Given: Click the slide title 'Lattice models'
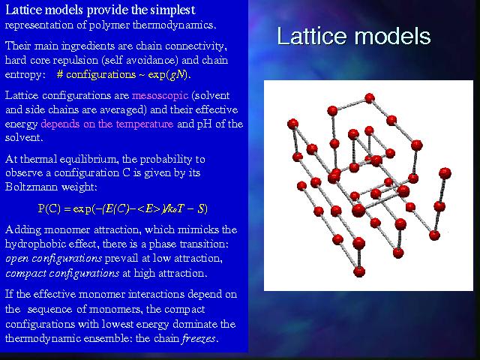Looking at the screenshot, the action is coord(353,36).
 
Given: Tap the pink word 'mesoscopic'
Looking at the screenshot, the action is coord(160,96).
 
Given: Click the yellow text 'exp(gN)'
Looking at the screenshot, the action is coord(169,75).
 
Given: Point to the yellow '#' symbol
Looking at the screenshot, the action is coord(60,74).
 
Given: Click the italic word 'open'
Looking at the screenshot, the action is coord(16,259).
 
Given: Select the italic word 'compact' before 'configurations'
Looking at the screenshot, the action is coord(26,273).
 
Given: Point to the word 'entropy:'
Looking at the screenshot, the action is coord(25,75).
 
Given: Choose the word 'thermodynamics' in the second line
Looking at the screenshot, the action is coord(174,25).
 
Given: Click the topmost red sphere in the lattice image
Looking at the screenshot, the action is coord(370,98).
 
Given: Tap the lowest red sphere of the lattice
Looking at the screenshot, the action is coord(359,271).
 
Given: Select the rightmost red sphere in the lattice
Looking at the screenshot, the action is coord(445,173).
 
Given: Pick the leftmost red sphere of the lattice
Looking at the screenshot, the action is coord(292,124).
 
